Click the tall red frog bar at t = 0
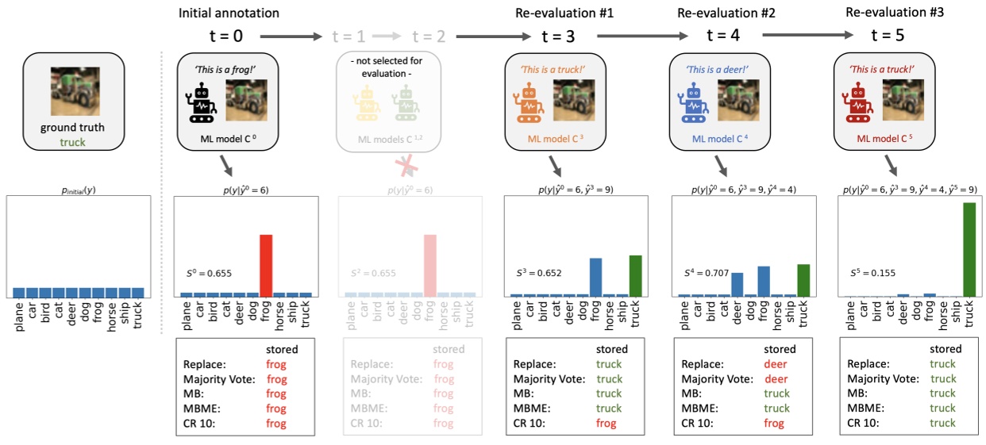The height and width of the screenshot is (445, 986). point(266,265)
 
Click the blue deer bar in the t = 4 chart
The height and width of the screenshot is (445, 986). point(737,284)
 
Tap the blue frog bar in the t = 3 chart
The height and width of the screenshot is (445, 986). point(595,277)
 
